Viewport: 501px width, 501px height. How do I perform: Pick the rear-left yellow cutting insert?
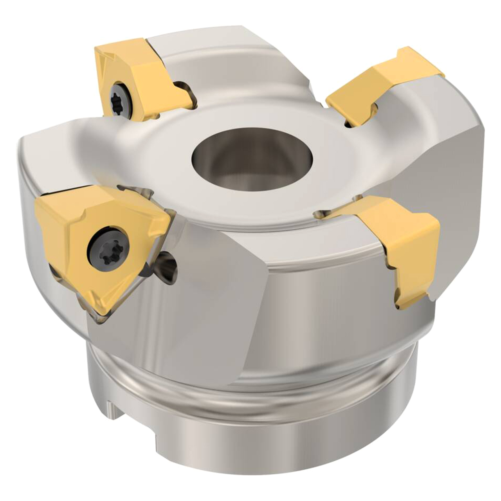[x=133, y=78]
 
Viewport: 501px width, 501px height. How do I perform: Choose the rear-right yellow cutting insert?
[x=376, y=84]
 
